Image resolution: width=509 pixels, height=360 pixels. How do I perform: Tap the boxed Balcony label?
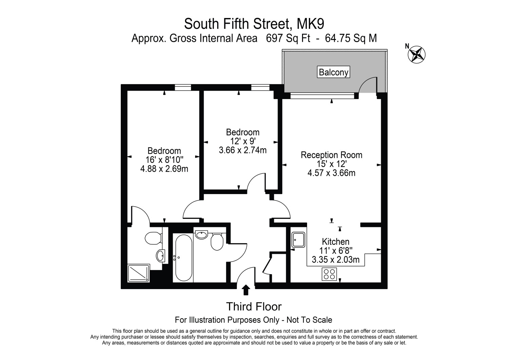(334, 72)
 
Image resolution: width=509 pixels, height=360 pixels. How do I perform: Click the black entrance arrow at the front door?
(246, 290)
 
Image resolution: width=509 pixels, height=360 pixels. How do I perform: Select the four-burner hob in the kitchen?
(329, 274)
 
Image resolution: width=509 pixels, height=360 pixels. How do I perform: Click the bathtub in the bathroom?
(183, 258)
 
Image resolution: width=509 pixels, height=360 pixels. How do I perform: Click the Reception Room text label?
(331, 155)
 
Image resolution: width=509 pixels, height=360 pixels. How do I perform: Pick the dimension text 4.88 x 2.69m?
(164, 169)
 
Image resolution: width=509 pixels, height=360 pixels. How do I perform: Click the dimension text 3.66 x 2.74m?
(243, 150)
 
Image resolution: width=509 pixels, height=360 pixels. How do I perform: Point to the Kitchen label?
(335, 242)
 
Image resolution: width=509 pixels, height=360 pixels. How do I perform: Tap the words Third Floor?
(254, 307)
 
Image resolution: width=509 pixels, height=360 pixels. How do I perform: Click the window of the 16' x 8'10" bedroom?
(183, 88)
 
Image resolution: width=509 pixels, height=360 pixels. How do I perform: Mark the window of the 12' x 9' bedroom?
(260, 88)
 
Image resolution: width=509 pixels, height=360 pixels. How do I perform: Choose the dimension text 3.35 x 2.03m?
(335, 260)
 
